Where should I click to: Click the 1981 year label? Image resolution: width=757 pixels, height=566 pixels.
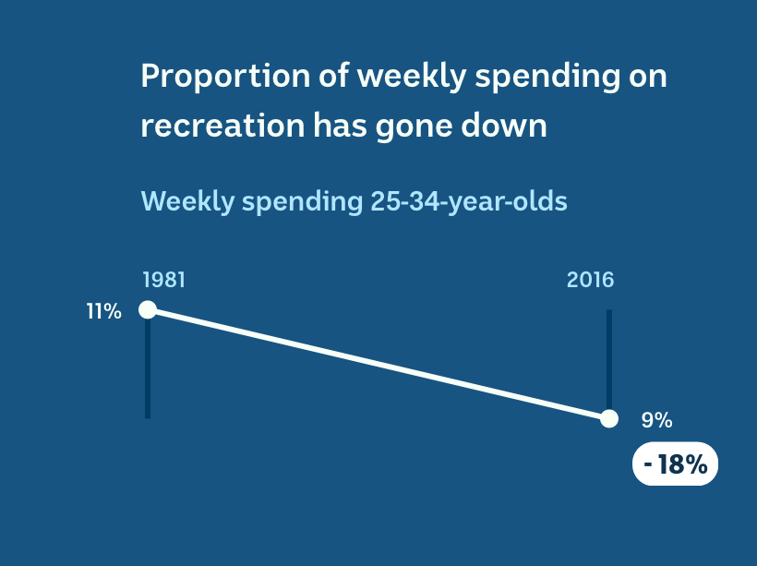[x=163, y=280]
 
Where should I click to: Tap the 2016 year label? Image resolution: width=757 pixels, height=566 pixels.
[x=590, y=280]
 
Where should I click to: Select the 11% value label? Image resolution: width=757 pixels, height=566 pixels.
[x=103, y=311]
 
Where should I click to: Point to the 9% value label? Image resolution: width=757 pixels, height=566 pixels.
[x=656, y=420]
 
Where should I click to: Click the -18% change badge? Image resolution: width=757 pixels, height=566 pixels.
[x=676, y=464]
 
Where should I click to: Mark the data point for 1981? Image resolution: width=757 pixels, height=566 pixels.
[x=148, y=309]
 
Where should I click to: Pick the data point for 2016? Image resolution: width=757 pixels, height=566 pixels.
[x=609, y=418]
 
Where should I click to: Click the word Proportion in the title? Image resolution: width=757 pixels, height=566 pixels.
[x=225, y=77]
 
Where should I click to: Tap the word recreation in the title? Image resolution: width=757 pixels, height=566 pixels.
[x=222, y=126]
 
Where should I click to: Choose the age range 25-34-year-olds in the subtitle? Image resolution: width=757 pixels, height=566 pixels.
[x=469, y=202]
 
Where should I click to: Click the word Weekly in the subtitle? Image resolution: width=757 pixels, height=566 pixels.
[x=187, y=202]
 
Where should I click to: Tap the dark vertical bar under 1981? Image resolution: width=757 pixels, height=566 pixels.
[x=148, y=368]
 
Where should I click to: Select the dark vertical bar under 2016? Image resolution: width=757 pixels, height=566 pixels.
[x=609, y=360]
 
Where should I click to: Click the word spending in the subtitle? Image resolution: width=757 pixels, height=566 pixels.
[x=302, y=203]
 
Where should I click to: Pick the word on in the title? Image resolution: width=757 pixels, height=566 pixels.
[x=647, y=78]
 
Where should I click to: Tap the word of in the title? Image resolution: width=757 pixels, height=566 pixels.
[x=333, y=77]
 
